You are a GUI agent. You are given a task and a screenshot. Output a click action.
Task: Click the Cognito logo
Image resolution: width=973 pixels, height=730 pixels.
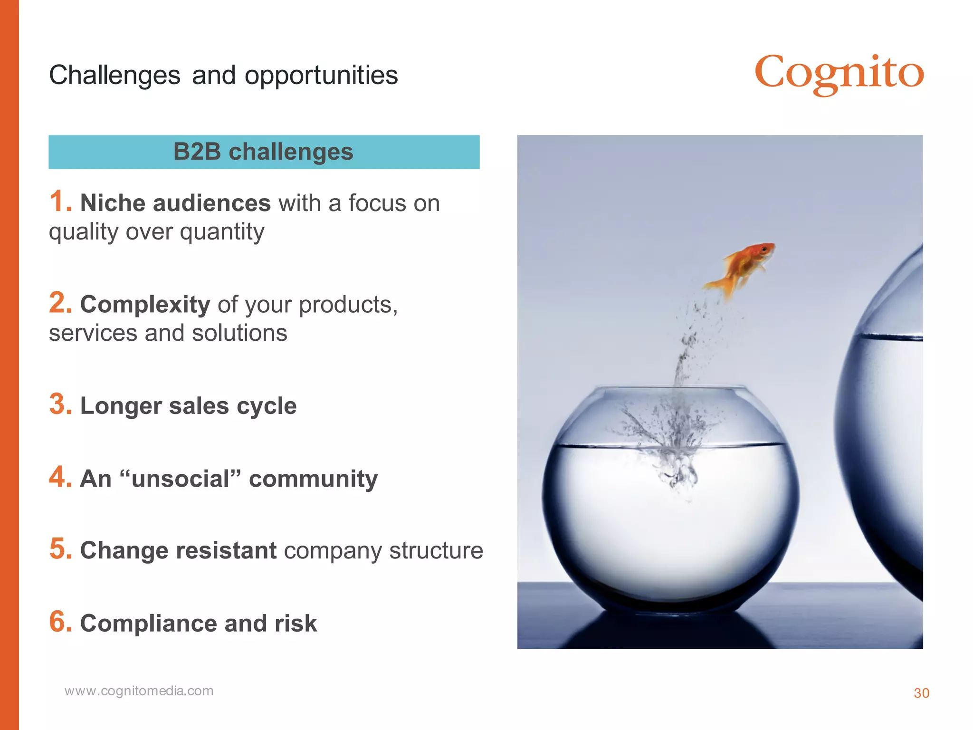click(839, 74)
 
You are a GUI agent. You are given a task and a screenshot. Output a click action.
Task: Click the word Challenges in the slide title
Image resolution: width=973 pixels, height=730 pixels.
click(114, 76)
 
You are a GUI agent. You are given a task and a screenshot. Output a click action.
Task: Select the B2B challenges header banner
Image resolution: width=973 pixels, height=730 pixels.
click(264, 152)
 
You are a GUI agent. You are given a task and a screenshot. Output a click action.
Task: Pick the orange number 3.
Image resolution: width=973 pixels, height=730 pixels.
click(60, 404)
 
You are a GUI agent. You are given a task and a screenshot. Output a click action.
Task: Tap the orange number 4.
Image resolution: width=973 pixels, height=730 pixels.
click(60, 477)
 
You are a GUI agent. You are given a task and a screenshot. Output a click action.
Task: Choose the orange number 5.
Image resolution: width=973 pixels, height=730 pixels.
click(60, 549)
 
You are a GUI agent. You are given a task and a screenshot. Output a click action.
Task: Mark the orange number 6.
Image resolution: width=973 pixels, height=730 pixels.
click(60, 622)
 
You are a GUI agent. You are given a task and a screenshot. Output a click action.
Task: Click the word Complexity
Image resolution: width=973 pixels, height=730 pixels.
click(145, 305)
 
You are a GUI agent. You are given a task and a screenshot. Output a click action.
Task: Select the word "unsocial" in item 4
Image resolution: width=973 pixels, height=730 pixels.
click(181, 479)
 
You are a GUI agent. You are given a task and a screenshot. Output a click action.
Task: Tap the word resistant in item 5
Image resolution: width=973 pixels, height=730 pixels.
click(226, 550)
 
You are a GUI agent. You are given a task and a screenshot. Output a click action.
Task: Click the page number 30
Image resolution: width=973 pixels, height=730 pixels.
click(921, 693)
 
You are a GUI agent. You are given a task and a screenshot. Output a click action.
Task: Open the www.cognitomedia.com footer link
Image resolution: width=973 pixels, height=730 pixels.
click(139, 691)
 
